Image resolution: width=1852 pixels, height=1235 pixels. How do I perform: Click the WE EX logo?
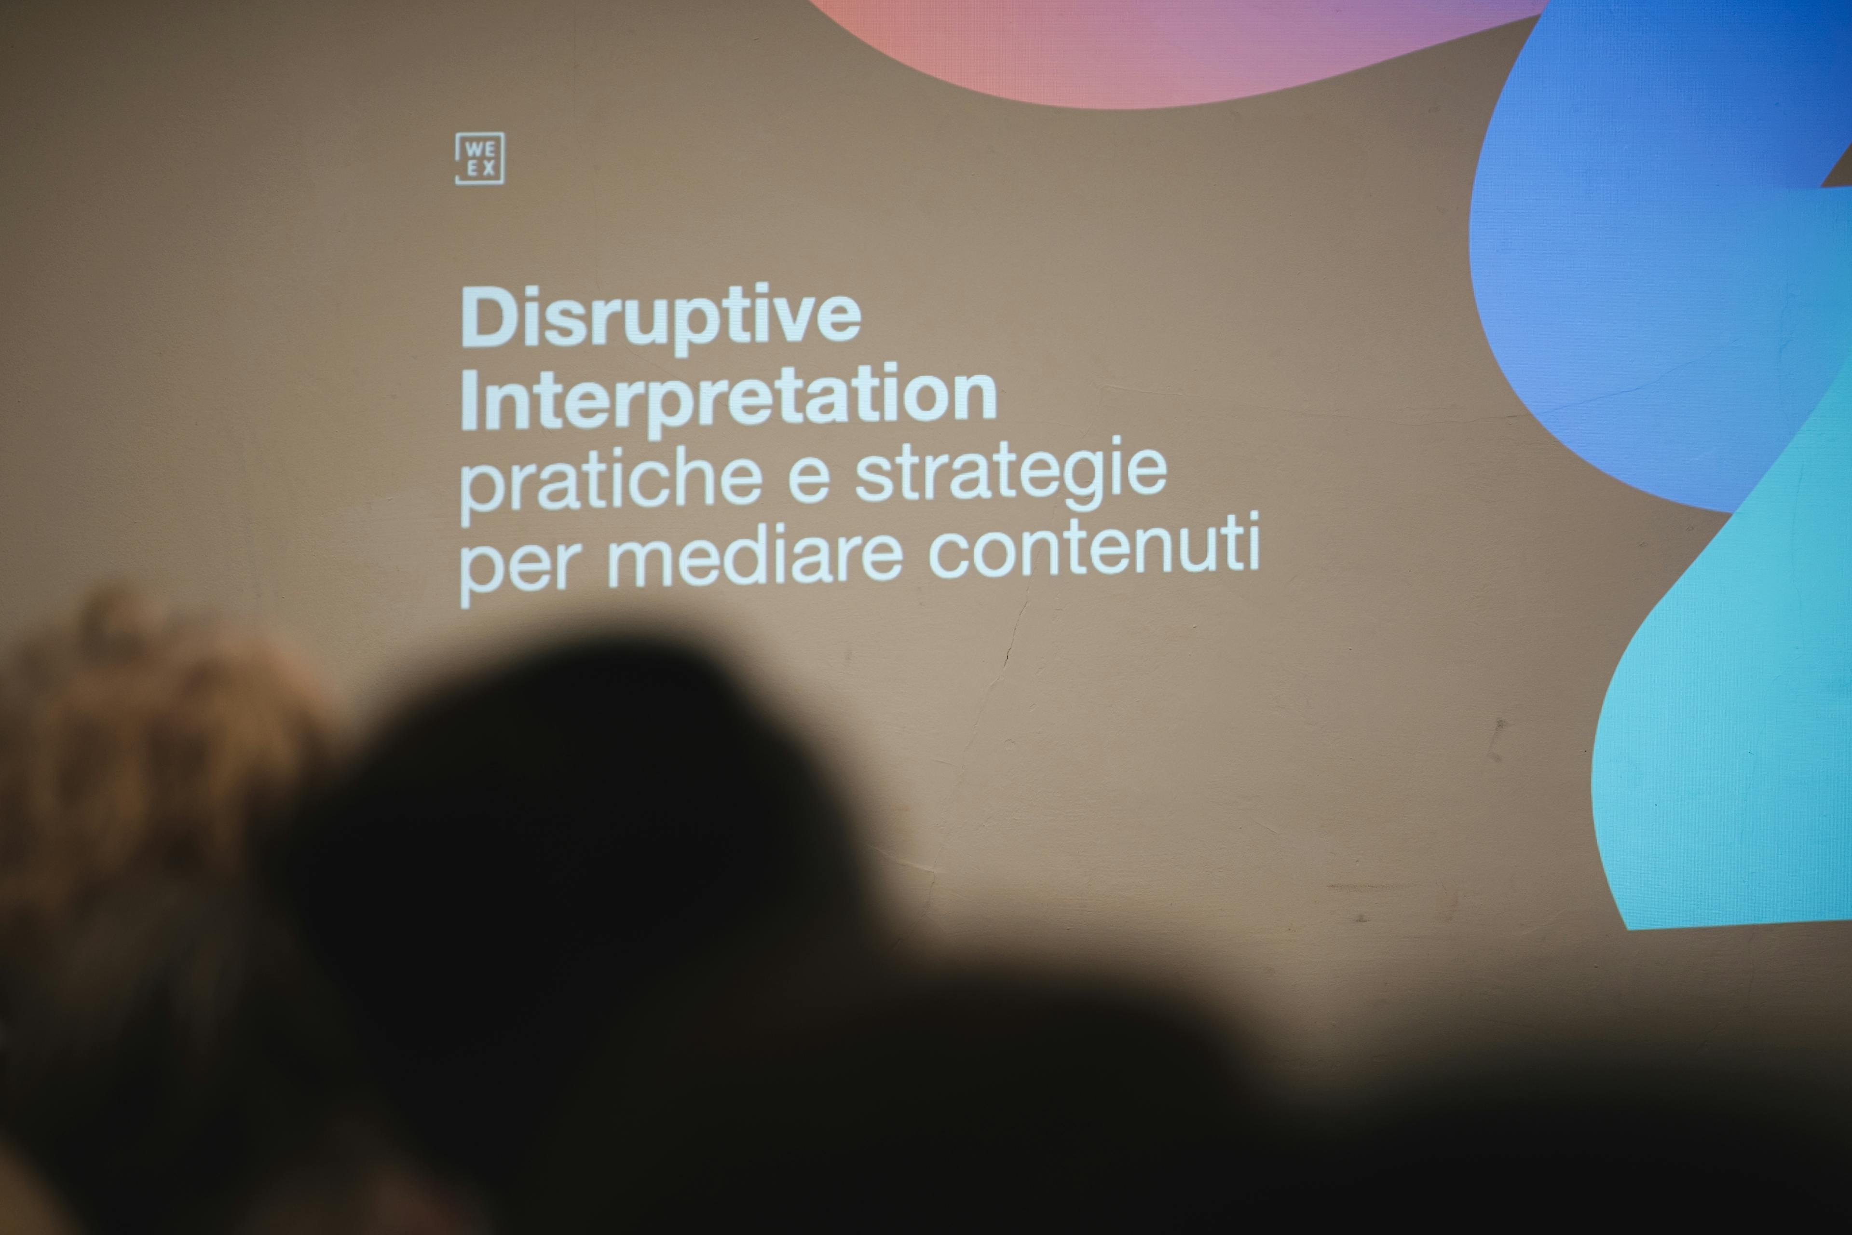click(479, 158)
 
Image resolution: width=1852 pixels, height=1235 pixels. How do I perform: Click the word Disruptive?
click(661, 319)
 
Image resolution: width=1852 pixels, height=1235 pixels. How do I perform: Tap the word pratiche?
click(610, 480)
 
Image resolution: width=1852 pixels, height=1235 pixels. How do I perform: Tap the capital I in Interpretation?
click(468, 400)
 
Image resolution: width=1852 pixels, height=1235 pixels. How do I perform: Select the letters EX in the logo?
click(481, 168)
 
